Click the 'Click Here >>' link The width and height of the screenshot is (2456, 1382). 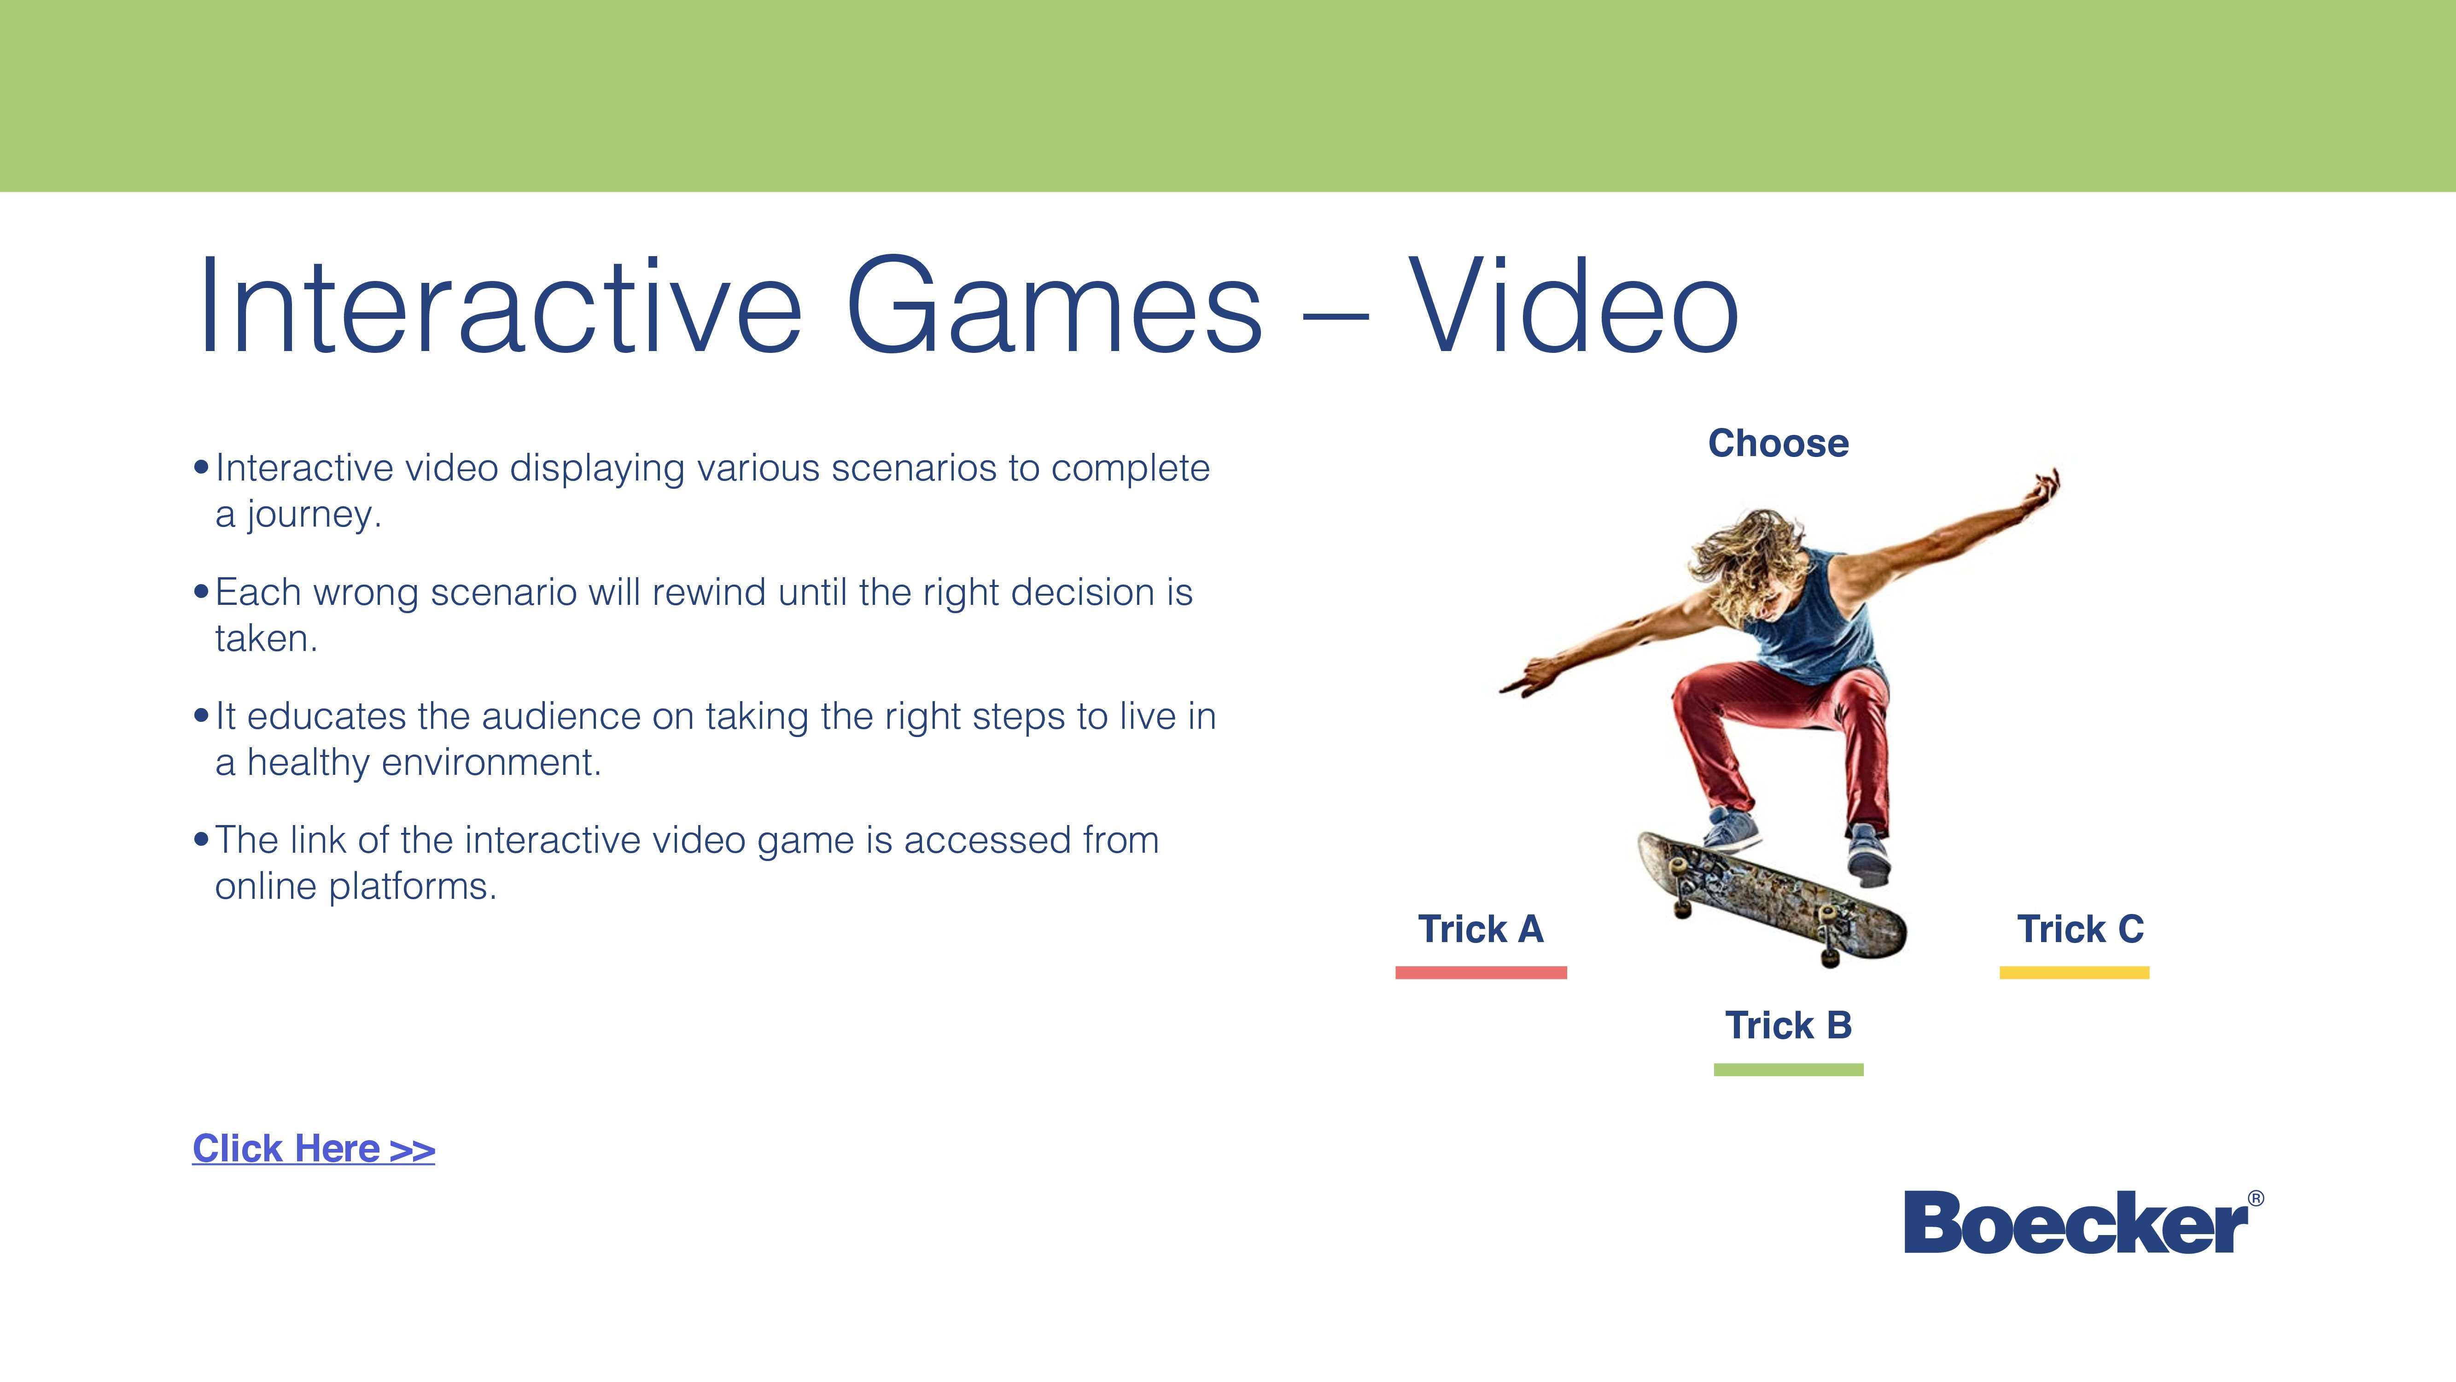tap(314, 1148)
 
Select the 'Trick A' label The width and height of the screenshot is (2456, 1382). tap(1481, 929)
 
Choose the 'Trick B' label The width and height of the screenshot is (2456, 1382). tap(1789, 1025)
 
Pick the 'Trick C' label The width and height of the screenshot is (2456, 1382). tap(2080, 929)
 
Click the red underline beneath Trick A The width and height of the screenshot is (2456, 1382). tap(1481, 973)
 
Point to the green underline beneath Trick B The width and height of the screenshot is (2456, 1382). tap(1789, 1070)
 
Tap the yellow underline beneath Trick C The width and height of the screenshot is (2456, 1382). tap(2075, 973)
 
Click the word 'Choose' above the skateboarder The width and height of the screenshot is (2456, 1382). tap(1778, 444)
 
